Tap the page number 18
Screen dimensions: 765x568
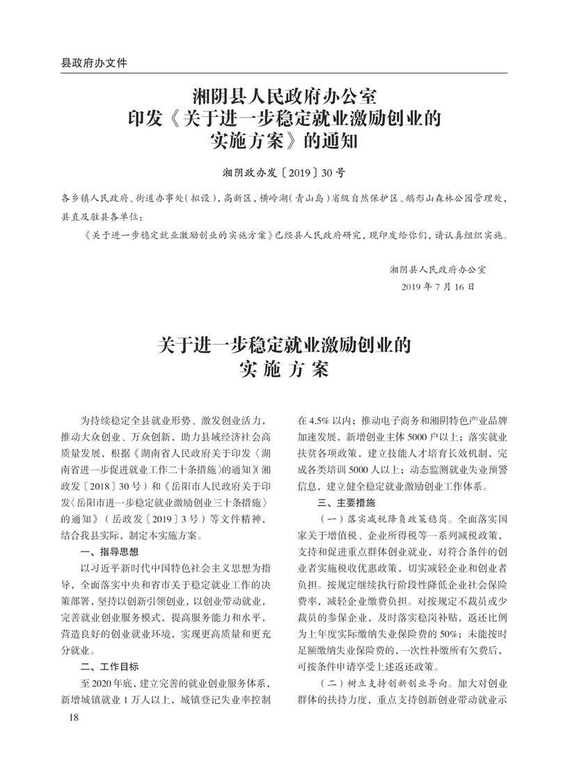point(67,718)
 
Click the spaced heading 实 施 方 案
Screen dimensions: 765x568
point(283,369)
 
